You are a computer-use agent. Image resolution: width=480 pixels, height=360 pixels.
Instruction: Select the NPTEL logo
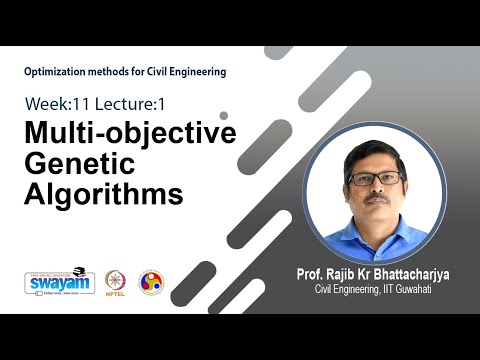point(117,283)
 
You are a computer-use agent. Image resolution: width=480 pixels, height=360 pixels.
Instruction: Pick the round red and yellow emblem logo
point(151,282)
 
